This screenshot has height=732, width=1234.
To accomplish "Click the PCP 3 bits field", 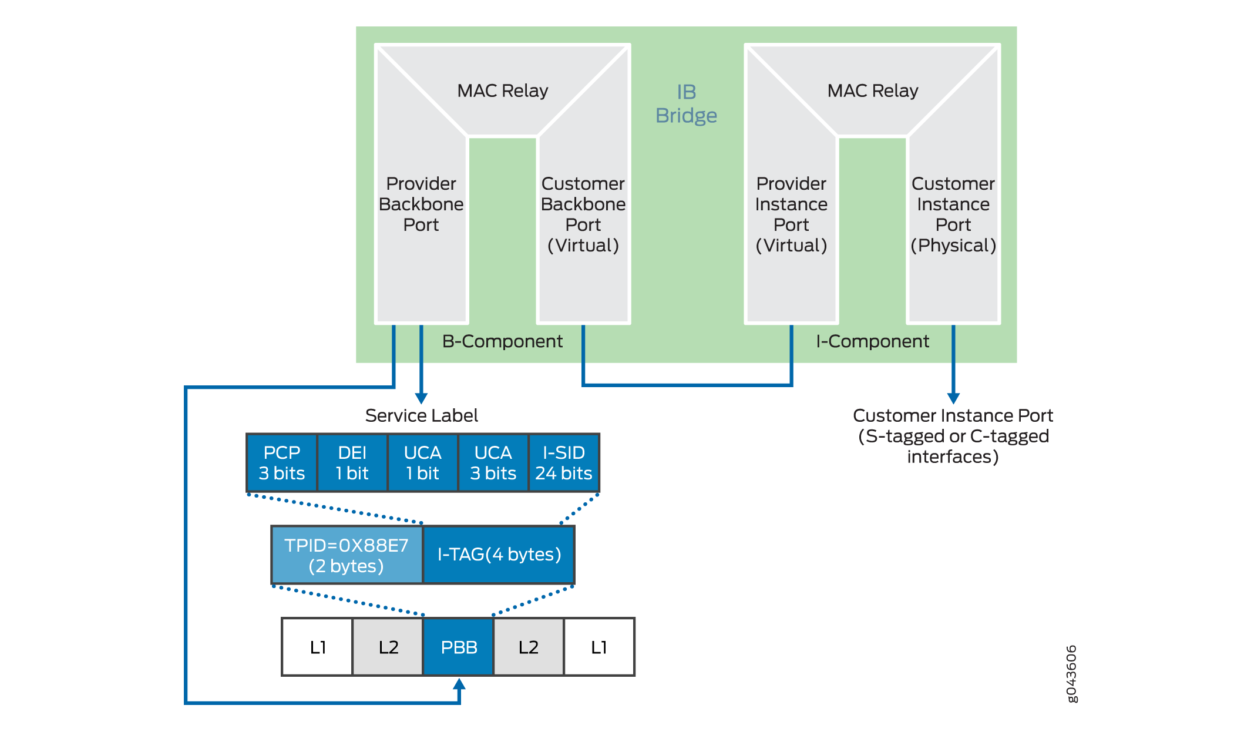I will [281, 463].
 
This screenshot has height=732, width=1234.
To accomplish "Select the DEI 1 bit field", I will [352, 463].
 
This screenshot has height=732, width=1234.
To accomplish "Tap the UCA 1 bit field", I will [422, 463].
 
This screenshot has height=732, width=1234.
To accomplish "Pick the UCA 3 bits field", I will [493, 463].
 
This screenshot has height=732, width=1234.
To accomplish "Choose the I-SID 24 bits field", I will [564, 463].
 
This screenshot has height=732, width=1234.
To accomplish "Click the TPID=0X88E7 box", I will [347, 555].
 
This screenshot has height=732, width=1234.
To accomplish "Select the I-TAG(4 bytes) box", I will [499, 555].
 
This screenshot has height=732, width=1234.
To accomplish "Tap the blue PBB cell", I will [459, 647].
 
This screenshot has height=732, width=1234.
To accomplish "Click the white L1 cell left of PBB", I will [318, 647].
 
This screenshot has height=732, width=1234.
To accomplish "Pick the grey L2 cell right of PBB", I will [529, 647].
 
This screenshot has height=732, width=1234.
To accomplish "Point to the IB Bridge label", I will [686, 104].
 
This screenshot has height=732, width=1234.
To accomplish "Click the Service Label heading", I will [421, 415].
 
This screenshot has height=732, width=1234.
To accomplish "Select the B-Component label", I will [502, 341].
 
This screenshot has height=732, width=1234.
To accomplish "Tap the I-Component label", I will [872, 341].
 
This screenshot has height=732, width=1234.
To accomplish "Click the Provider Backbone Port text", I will [421, 204].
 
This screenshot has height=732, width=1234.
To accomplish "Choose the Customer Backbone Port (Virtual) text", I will [583, 214].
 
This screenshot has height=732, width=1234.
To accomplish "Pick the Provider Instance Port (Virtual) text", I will [791, 214].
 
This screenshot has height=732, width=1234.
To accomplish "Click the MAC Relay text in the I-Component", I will [872, 90].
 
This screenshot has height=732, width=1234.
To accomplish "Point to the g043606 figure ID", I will [1071, 674].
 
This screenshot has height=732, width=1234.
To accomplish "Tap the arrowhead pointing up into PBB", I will [459, 684].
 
